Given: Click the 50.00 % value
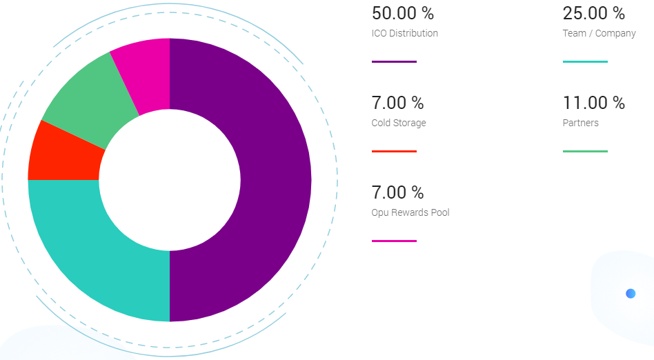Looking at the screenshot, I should [x=403, y=13].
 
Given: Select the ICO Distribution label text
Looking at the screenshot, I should [x=404, y=33].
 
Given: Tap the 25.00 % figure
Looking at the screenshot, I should [x=593, y=13].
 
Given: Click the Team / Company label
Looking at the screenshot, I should [x=599, y=33].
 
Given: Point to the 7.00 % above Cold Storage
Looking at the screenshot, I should [x=397, y=103].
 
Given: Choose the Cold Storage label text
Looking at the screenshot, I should [x=399, y=123].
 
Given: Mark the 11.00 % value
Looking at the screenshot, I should [x=593, y=103].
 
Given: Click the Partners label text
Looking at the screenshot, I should [x=580, y=123].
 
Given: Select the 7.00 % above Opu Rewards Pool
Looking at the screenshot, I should [x=397, y=192].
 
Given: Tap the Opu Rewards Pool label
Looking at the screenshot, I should [x=410, y=212].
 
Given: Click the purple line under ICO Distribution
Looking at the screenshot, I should [x=394, y=62].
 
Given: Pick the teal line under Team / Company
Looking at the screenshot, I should [x=585, y=62].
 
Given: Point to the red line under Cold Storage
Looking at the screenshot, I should [x=394, y=151].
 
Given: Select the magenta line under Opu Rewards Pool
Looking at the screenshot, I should [x=394, y=241].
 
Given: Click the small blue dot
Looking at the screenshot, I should [x=631, y=294].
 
